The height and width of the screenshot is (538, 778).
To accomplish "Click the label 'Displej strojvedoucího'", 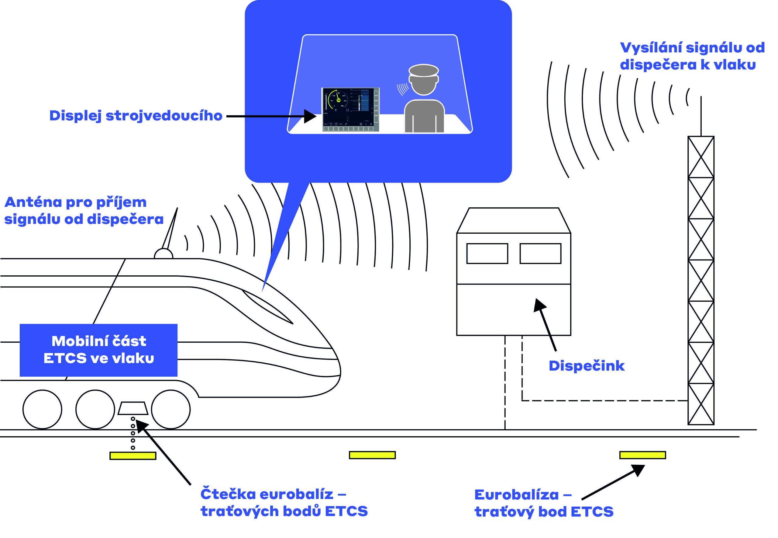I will tap(136, 116).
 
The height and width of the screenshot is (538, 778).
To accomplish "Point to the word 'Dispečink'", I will tap(587, 366).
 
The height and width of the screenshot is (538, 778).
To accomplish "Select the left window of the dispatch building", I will tap(487, 253).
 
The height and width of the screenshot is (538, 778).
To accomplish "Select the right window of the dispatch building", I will tap(540, 253).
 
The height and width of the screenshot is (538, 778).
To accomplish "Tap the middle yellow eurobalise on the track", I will tap(372, 455).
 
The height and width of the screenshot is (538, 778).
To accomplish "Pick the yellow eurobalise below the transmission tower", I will tap(642, 455).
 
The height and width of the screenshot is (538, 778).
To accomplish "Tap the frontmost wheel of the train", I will tap(171, 409).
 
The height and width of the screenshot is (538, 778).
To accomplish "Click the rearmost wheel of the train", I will tap(43, 409).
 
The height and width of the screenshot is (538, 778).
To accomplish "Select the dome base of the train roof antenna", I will tap(163, 254).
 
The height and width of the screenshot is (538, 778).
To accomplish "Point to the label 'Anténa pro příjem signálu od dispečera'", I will tap(84, 211).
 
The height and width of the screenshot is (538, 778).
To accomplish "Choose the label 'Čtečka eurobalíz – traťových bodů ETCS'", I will tap(284, 503).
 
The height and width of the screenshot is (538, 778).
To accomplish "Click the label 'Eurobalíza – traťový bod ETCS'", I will tap(543, 503).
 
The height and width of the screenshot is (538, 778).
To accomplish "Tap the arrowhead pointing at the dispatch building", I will tap(539, 305).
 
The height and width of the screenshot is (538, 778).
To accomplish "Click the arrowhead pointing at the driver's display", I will tap(310, 116).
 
